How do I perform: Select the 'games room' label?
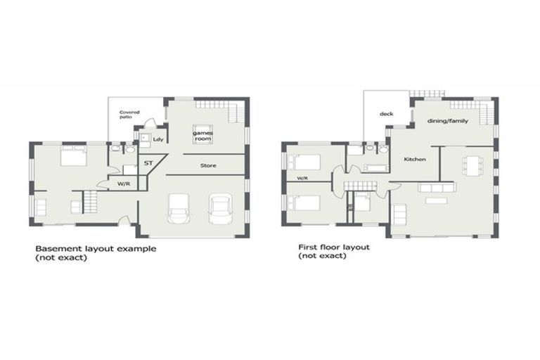click(204, 136)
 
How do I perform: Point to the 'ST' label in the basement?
click(148, 163)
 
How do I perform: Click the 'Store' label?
click(208, 166)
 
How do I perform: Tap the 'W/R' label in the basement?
click(124, 184)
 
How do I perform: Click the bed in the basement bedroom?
click(73, 155)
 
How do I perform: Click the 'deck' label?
click(386, 113)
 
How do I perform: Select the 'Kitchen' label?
click(415, 160)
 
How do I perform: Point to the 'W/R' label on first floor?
click(302, 179)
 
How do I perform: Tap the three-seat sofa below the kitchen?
click(436, 187)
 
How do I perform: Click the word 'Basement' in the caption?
click(55, 249)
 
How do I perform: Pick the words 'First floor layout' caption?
click(334, 247)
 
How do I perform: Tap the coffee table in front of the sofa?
click(436, 200)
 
